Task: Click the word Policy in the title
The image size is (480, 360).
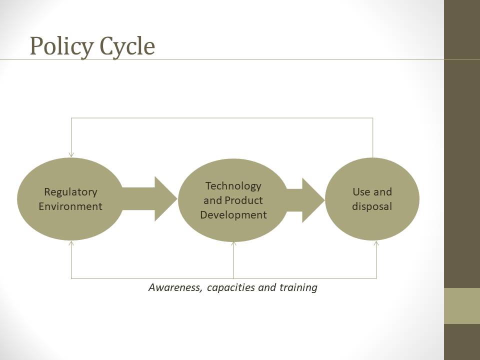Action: pyautogui.click(x=61, y=46)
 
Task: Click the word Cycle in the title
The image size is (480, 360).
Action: pyautogui.click(x=127, y=46)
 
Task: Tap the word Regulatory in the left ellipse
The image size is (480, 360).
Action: pyautogui.click(x=70, y=192)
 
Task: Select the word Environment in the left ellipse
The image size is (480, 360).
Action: pyautogui.click(x=70, y=206)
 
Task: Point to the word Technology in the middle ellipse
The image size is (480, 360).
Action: pyautogui.click(x=233, y=186)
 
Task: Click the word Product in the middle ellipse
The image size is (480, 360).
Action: pyautogui.click(x=243, y=200)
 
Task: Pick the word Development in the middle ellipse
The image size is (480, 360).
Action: pyautogui.click(x=233, y=215)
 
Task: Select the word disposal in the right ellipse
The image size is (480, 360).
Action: pyautogui.click(x=372, y=206)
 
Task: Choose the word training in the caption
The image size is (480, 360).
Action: pyautogui.click(x=298, y=288)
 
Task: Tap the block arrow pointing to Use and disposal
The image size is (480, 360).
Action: pyautogui.click(x=305, y=200)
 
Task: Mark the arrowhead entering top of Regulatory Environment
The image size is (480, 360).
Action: pyautogui.click(x=71, y=154)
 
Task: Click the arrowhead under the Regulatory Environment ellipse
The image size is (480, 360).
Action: pyautogui.click(x=71, y=243)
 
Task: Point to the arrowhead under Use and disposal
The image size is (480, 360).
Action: pyautogui.click(x=376, y=243)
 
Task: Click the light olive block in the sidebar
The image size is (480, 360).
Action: pyautogui.click(x=462, y=306)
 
